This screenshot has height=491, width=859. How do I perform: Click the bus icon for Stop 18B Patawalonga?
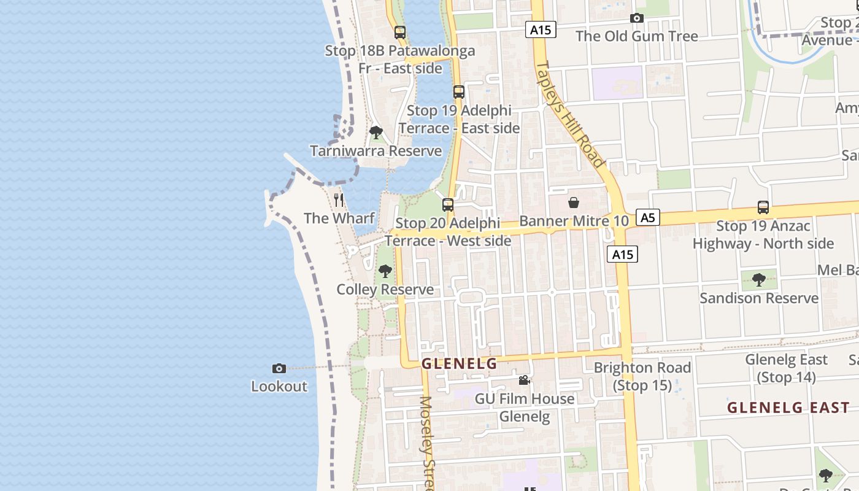pyautogui.click(x=400, y=32)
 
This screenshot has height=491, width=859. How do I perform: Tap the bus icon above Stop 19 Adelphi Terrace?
pyautogui.click(x=459, y=92)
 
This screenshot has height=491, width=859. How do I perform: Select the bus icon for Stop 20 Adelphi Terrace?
pyautogui.click(x=448, y=205)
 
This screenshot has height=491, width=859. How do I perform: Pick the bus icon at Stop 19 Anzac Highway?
pyautogui.click(x=763, y=207)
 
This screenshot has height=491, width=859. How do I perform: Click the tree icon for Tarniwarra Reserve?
pyautogui.click(x=376, y=133)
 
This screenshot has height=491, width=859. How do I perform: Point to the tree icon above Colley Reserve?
pyautogui.click(x=385, y=271)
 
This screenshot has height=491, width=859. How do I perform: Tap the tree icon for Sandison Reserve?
pyautogui.click(x=759, y=280)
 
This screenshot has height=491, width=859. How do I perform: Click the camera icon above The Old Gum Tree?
pyautogui.click(x=637, y=18)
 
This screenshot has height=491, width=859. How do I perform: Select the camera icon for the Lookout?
pyautogui.click(x=279, y=368)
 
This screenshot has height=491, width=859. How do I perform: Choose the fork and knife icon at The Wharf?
pyautogui.click(x=339, y=200)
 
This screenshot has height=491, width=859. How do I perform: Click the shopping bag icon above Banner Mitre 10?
pyautogui.click(x=574, y=203)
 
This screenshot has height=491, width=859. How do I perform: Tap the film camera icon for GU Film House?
pyautogui.click(x=524, y=381)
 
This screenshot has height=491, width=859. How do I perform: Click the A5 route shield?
pyautogui.click(x=647, y=217)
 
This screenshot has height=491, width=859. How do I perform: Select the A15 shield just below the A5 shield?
pyautogui.click(x=622, y=254)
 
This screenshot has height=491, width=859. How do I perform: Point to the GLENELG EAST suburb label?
pyautogui.click(x=788, y=408)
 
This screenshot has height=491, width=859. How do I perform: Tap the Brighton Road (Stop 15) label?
pyautogui.click(x=642, y=376)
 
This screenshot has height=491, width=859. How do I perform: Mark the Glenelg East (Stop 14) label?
pyautogui.click(x=787, y=368)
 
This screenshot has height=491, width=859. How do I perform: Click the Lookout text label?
pyautogui.click(x=279, y=386)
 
